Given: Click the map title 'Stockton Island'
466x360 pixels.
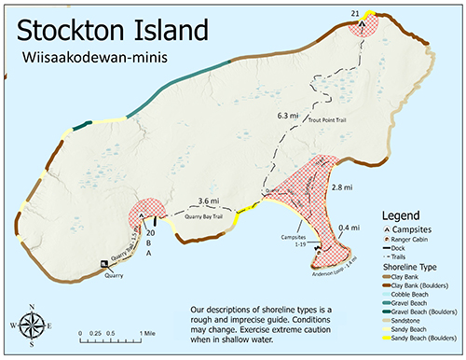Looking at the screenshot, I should [x=110, y=30].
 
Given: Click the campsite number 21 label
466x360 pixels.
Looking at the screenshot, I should [x=354, y=12].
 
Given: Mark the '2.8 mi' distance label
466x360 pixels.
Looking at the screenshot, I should [x=344, y=187].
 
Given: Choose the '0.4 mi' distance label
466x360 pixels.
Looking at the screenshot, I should [x=349, y=228].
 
